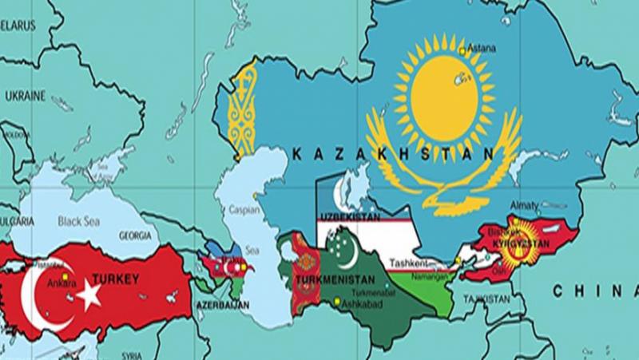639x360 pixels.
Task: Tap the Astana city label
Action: click(482, 46)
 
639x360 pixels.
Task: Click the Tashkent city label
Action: click(408, 262)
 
